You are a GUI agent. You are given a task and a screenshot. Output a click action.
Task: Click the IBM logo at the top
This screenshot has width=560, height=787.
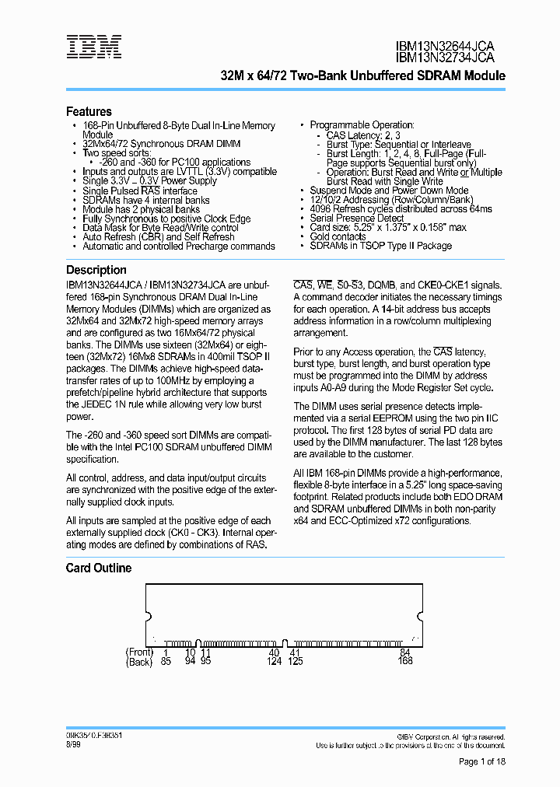(93, 47)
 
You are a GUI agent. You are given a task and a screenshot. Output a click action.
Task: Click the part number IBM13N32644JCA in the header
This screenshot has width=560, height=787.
(444, 47)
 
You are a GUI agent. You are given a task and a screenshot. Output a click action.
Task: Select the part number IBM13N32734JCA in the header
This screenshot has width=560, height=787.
(444, 58)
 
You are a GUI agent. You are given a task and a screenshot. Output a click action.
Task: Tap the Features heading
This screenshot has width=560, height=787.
(89, 111)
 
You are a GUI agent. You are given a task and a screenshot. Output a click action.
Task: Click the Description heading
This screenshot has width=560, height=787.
(96, 270)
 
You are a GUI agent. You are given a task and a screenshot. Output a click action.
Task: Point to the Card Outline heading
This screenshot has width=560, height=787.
(98, 568)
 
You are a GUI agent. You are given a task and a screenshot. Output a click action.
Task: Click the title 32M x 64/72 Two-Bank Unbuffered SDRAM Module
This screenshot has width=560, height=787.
(363, 76)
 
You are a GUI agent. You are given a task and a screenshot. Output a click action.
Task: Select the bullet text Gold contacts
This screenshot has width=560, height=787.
(338, 236)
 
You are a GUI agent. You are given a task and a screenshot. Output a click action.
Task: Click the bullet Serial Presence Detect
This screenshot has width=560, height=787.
(356, 219)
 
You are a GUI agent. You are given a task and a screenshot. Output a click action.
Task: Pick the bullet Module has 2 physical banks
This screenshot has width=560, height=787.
(141, 209)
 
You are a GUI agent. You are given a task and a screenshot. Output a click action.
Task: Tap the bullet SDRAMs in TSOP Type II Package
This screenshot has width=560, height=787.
(380, 246)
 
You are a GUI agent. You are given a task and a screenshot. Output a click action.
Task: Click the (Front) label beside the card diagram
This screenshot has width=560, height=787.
(139, 652)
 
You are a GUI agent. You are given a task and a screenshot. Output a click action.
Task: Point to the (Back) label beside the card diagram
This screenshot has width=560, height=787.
(139, 662)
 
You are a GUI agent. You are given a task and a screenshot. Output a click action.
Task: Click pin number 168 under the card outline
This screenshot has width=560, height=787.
(404, 662)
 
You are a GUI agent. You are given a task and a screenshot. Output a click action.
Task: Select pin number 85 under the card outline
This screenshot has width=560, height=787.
(165, 662)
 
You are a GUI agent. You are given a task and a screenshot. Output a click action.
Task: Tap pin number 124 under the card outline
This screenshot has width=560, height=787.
(274, 662)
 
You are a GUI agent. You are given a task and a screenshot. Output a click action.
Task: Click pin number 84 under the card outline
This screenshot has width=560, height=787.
(404, 652)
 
